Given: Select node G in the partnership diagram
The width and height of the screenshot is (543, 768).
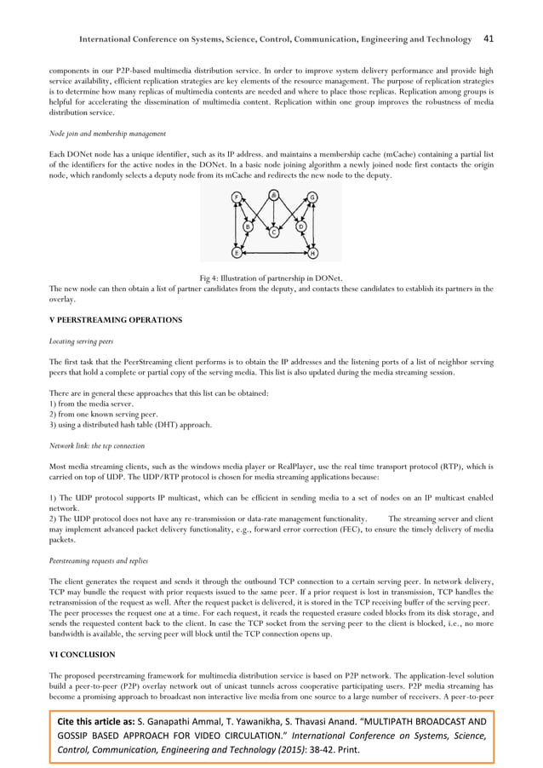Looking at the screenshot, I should point(312,198).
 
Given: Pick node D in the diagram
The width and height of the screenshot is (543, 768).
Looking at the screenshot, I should point(300,226).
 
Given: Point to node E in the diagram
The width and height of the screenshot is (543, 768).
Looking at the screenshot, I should point(237,253).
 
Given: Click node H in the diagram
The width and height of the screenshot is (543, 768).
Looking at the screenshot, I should point(312,253).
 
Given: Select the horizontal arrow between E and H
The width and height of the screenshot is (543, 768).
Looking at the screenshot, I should point(274,253).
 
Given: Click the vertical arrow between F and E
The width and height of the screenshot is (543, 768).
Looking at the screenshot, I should point(236,226).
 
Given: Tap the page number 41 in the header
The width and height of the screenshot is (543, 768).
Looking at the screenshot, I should point(489,38).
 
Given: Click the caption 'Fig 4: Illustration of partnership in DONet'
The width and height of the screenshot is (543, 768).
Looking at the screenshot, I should point(271,278).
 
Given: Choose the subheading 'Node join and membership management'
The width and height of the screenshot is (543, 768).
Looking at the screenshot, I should point(105,133).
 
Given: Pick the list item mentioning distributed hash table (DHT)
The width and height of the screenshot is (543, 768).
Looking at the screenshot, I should point(127,425).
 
